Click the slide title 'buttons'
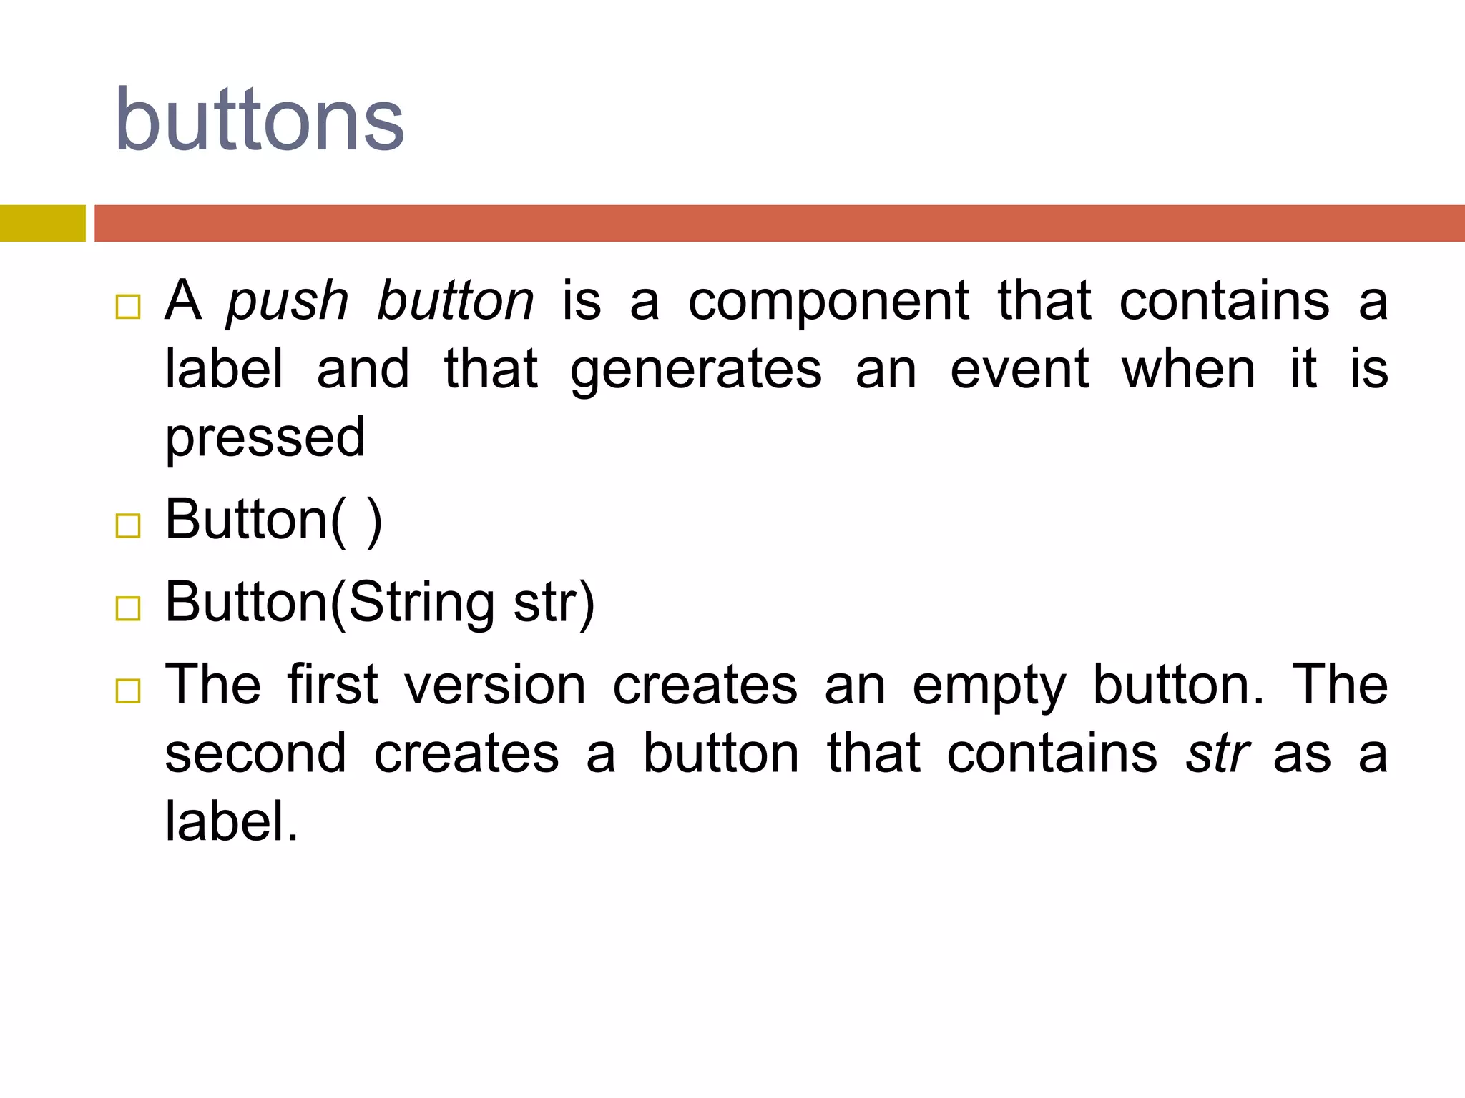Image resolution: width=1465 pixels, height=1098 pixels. (x=259, y=120)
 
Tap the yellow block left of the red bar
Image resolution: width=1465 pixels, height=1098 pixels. (x=42, y=223)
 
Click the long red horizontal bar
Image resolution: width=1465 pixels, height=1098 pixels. (x=779, y=223)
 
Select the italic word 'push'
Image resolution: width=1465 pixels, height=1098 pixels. (x=288, y=302)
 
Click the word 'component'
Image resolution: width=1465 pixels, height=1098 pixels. (x=828, y=302)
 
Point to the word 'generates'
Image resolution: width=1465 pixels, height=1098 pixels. (x=696, y=370)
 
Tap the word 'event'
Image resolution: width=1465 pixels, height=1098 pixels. (x=1019, y=370)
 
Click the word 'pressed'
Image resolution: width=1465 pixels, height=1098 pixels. (x=265, y=437)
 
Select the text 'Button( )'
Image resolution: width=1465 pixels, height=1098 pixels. (x=274, y=520)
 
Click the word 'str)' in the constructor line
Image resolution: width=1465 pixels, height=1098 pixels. (x=554, y=603)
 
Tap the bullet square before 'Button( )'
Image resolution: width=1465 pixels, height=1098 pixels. (x=128, y=526)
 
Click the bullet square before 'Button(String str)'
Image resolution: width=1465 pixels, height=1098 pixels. (x=128, y=609)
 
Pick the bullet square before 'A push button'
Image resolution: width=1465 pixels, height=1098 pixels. (x=128, y=307)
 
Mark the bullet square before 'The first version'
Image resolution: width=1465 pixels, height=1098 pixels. (x=128, y=691)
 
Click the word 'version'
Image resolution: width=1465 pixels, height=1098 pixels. (x=495, y=686)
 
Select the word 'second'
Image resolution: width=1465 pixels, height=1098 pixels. (x=255, y=753)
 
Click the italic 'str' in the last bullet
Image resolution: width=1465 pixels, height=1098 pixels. (x=1217, y=753)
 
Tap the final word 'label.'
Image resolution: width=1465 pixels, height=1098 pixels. (x=231, y=821)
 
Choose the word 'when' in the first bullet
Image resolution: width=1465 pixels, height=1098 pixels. (x=1188, y=370)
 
